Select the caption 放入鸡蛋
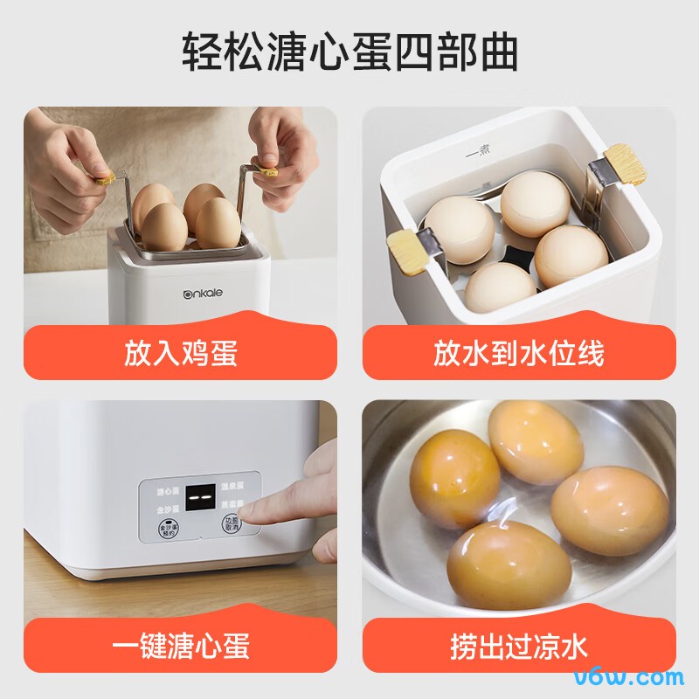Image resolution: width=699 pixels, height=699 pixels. pyautogui.click(x=181, y=354)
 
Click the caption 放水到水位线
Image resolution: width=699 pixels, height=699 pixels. pyautogui.click(x=519, y=354)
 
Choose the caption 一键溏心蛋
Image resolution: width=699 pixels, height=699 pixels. pyautogui.click(x=181, y=647)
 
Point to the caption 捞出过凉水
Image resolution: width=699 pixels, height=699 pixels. pyautogui.click(x=519, y=647)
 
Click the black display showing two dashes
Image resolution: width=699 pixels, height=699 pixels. pyautogui.click(x=203, y=498)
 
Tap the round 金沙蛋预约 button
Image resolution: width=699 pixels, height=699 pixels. pyautogui.click(x=167, y=529)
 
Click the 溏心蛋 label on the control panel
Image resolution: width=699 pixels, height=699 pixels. pyautogui.click(x=167, y=490)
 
